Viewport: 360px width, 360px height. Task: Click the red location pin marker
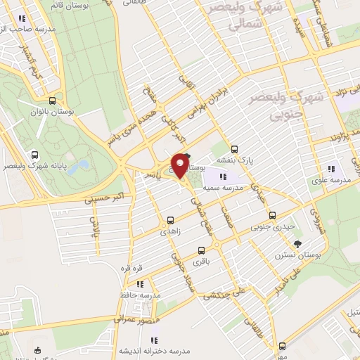[x=180, y=164]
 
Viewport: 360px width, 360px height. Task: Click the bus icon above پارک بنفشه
[x=234, y=148]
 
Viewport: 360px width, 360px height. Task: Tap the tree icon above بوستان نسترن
[x=300, y=244]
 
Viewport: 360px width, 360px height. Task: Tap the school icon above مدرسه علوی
[x=331, y=169]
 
